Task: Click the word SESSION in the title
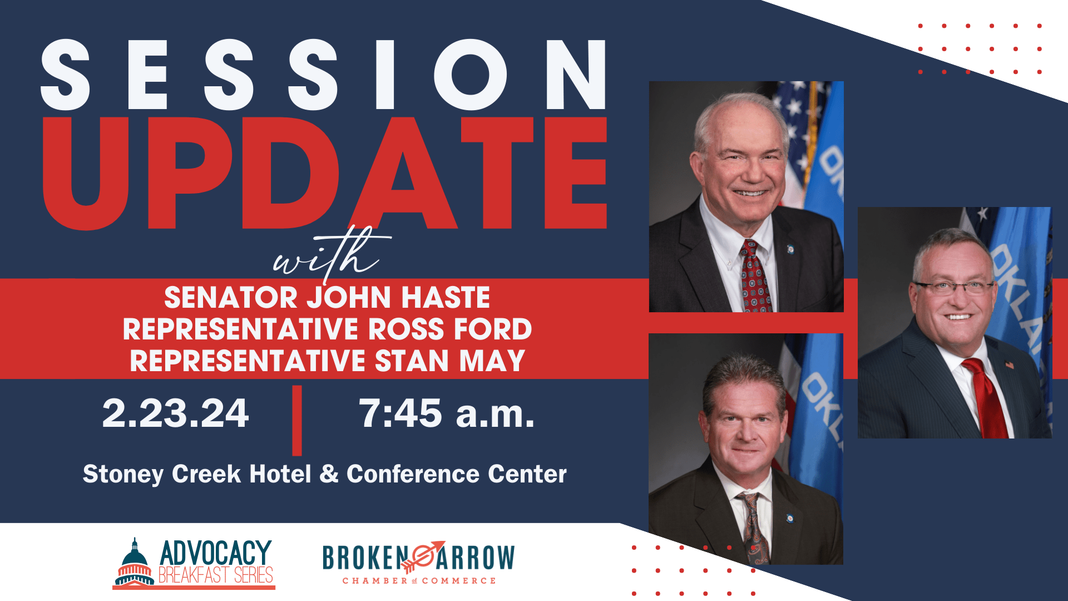(x=324, y=75)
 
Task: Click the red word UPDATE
(x=324, y=174)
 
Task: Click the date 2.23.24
(x=175, y=413)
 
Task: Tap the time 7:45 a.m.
(x=447, y=413)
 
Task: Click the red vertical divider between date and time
(x=297, y=420)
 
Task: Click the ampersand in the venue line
(x=329, y=474)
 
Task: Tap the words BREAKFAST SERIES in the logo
(x=216, y=575)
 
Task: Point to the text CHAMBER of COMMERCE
(x=419, y=581)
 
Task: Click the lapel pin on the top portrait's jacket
(x=790, y=250)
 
